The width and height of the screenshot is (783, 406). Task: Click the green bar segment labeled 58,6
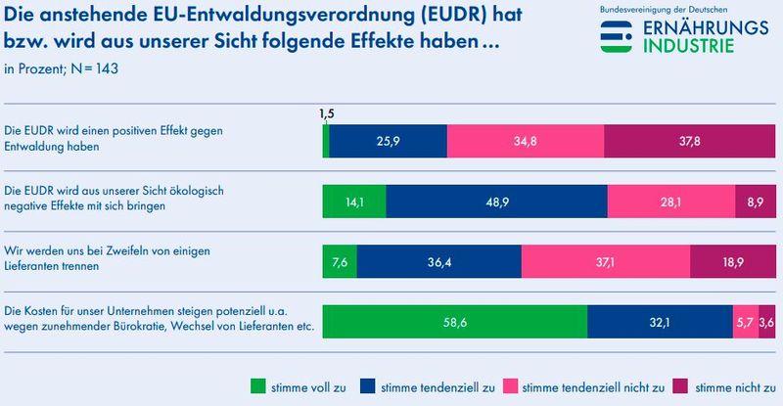pyautogui.click(x=455, y=323)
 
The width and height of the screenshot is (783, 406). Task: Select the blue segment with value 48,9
pyautogui.click(x=496, y=202)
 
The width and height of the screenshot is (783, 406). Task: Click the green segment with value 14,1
pyautogui.click(x=354, y=202)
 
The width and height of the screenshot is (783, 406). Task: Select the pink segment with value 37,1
pyautogui.click(x=605, y=262)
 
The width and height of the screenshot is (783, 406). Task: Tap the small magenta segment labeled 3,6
pyautogui.click(x=767, y=323)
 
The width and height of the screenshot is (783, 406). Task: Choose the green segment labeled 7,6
pyautogui.click(x=340, y=262)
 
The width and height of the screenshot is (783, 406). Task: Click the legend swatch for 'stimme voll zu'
pyautogui.click(x=259, y=385)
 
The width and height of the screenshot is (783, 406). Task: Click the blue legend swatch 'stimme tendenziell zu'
pyautogui.click(x=369, y=385)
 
